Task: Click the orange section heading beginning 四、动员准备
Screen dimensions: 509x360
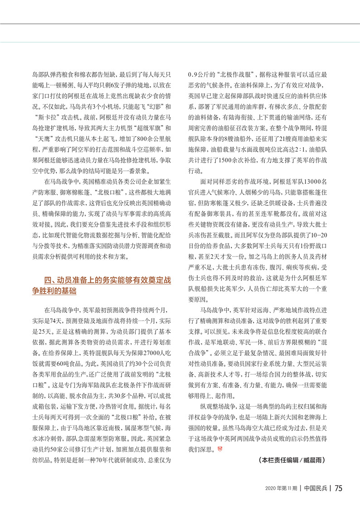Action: click(102, 286)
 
